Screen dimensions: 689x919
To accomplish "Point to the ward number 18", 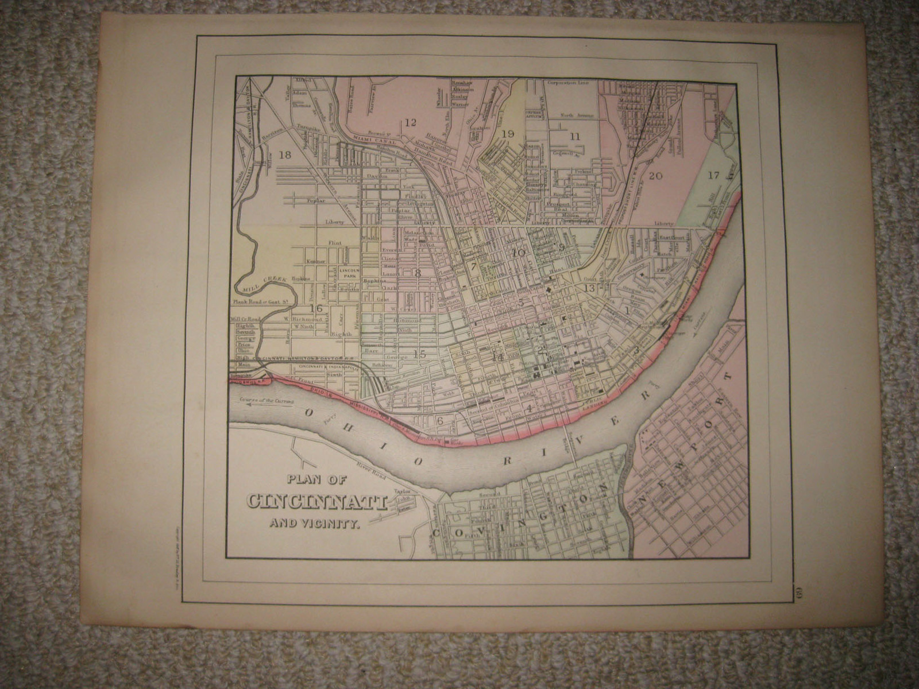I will (x=284, y=154).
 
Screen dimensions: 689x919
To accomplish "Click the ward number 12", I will (x=409, y=122).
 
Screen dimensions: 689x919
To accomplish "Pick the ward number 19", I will (x=507, y=134).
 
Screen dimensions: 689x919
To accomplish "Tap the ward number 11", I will (x=575, y=136).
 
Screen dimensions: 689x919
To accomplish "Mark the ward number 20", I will (x=655, y=176).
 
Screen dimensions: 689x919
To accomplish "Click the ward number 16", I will (x=315, y=308).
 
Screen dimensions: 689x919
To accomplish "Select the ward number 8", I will (x=418, y=273).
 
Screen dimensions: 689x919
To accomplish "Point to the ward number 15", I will (x=419, y=354).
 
